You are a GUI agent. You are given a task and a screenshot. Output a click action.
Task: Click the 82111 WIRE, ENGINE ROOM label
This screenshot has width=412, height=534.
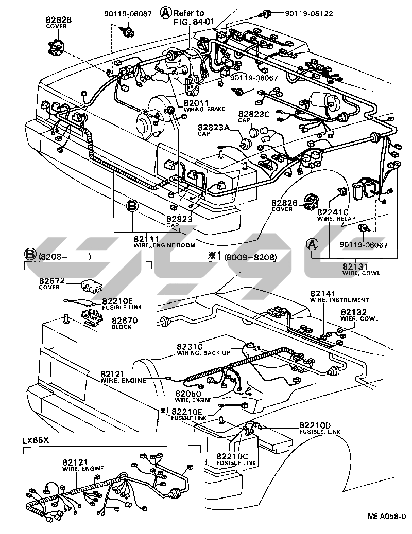point(157,242)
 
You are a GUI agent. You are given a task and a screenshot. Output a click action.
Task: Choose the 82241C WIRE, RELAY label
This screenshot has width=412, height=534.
point(333,215)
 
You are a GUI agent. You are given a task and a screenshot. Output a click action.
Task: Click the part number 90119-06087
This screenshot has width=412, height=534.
point(364,246)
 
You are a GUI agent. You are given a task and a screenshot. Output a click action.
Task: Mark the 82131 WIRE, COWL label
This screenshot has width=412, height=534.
point(361,269)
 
